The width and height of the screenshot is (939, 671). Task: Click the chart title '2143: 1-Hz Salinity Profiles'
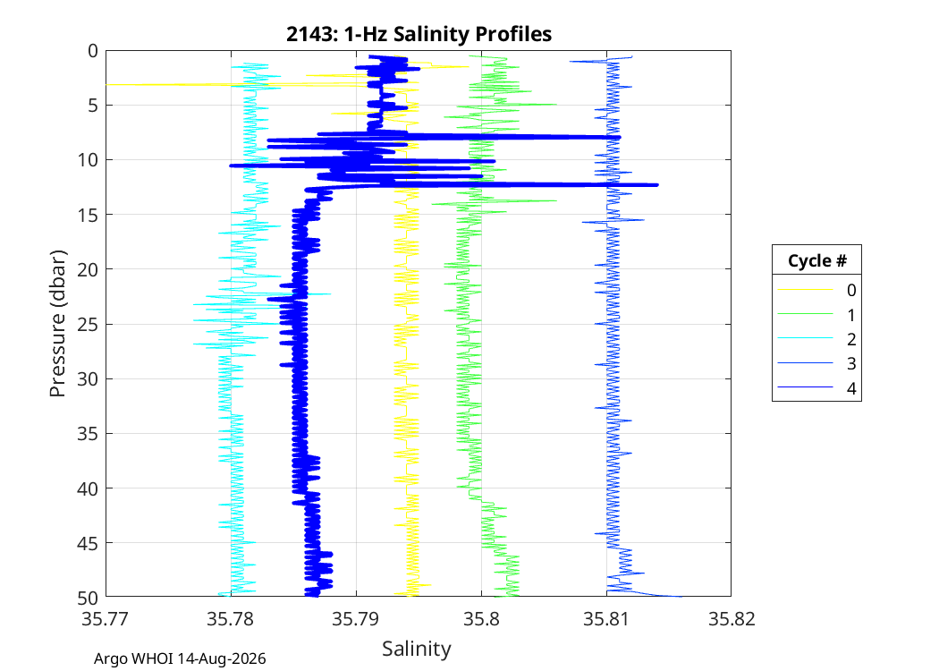419,34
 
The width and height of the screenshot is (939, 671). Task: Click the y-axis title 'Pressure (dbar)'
57,324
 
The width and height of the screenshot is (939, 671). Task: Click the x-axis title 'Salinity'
417,649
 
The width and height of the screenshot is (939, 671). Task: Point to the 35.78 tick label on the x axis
231,618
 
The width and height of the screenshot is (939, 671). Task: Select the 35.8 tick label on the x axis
481,618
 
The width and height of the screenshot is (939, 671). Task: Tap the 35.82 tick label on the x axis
732,618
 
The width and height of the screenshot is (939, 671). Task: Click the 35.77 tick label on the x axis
106,618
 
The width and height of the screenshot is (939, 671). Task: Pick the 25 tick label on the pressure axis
88,324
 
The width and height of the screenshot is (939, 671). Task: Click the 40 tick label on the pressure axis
88,488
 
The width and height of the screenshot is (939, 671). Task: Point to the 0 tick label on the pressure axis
93,51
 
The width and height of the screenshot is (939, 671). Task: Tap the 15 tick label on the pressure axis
88,215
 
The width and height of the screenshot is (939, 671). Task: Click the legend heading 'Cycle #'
816,260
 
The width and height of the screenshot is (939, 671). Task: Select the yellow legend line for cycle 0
806,290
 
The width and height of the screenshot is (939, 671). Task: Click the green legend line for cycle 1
806,314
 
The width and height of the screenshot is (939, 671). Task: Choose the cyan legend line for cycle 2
806,338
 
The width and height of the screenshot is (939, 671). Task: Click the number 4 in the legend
851,388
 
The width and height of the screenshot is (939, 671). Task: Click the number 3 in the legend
851,363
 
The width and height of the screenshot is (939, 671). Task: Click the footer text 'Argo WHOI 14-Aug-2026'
180,659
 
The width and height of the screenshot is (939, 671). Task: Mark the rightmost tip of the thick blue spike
658,184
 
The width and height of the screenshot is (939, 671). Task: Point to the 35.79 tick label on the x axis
356,618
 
